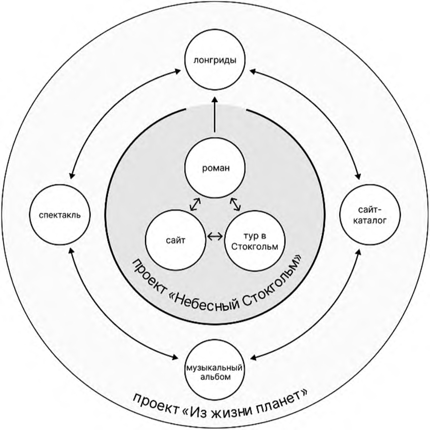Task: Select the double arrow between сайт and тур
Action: [215, 236]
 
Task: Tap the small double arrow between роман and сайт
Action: [194, 204]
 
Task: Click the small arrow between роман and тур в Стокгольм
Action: [235, 204]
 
